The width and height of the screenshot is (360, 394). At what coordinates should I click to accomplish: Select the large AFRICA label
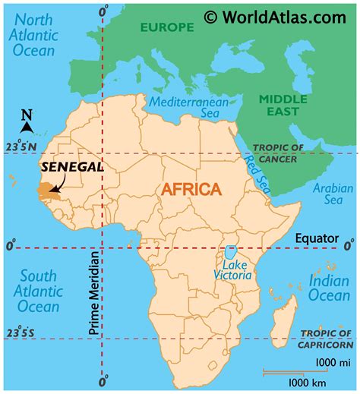click(x=190, y=189)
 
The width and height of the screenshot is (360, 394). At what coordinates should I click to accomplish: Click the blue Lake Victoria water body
click(x=229, y=254)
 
